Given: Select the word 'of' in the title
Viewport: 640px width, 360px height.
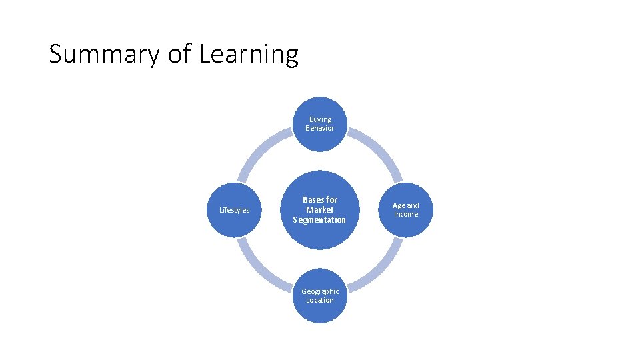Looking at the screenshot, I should pos(179,54).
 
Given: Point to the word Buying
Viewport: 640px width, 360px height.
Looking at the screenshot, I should pos(320,119).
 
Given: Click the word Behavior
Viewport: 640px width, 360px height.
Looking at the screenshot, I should pos(320,128).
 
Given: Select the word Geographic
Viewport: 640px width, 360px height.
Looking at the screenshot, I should pos(320,291).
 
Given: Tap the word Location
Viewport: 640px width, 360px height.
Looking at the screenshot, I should pos(320,300).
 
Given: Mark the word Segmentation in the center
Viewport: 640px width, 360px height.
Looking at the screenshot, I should pos(320,220).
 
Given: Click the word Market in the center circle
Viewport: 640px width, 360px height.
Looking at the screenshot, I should pos(320,210).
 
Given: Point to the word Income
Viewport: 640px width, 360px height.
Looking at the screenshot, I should pos(405,215).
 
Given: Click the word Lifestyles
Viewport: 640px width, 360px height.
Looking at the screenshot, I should pos(234,211).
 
